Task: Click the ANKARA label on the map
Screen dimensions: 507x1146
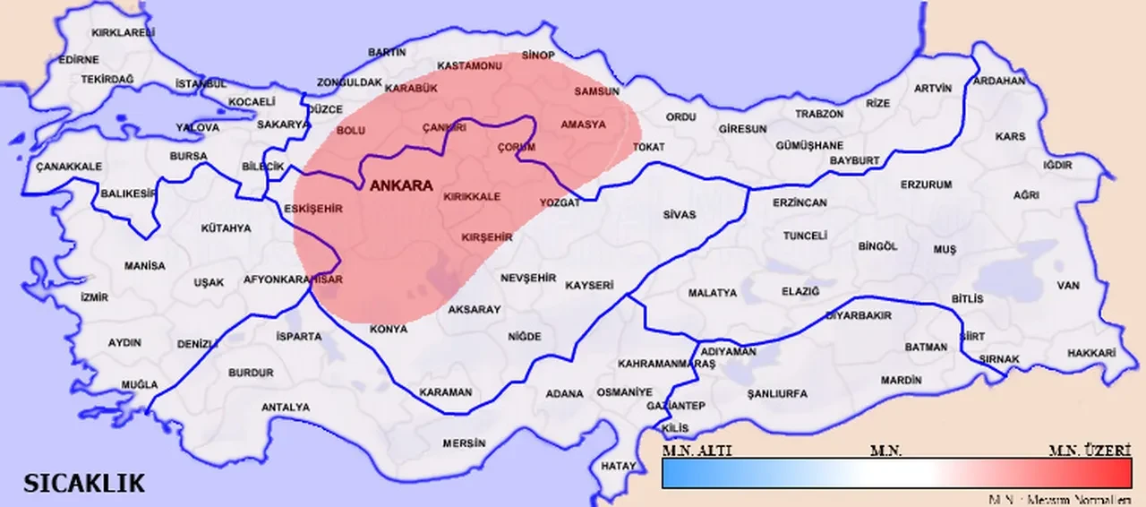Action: pyautogui.click(x=401, y=186)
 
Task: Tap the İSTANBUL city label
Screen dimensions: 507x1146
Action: pyautogui.click(x=201, y=84)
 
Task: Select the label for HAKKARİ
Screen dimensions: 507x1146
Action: pyautogui.click(x=1091, y=354)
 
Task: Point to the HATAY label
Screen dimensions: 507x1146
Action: pyautogui.click(x=619, y=467)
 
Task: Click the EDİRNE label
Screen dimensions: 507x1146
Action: pyautogui.click(x=79, y=60)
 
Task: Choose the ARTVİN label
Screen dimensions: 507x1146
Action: pyautogui.click(x=932, y=88)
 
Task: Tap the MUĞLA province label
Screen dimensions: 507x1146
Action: pyautogui.click(x=140, y=385)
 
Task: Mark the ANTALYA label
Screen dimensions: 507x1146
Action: pyautogui.click(x=285, y=408)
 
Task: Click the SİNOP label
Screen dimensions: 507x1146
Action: pyautogui.click(x=538, y=56)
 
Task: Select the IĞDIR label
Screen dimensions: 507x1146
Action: pyautogui.click(x=1056, y=167)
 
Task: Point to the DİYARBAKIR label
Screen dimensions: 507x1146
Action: pyautogui.click(x=858, y=316)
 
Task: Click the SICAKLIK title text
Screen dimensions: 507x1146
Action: pyautogui.click(x=83, y=485)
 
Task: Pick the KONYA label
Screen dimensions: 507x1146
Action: pyautogui.click(x=389, y=330)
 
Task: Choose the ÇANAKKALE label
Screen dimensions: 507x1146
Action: pyautogui.click(x=69, y=167)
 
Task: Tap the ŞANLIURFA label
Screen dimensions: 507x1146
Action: pyautogui.click(x=777, y=394)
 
